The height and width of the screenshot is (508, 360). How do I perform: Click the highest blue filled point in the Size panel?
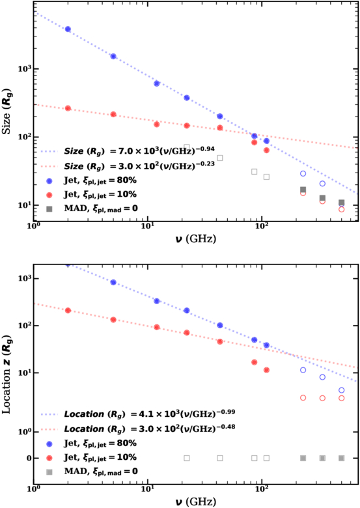tap(68, 29)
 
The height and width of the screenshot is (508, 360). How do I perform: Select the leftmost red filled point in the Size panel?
tap(68, 108)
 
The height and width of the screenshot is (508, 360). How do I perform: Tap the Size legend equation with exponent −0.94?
tap(139, 150)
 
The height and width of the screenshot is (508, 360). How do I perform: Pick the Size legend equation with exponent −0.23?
tap(139, 165)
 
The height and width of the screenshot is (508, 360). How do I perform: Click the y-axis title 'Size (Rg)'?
tap(7, 111)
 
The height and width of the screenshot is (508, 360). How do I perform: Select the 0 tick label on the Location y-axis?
tap(29, 459)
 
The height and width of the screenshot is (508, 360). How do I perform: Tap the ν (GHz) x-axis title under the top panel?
tap(196, 240)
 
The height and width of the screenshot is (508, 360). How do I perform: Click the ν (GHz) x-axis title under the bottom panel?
tap(196, 501)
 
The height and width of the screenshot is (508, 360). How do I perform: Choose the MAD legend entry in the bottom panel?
tap(101, 472)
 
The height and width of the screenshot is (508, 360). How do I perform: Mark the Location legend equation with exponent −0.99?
tap(150, 414)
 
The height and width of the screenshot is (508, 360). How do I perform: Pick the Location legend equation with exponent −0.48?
tap(150, 429)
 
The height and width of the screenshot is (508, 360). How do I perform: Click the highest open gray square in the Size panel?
tap(187, 148)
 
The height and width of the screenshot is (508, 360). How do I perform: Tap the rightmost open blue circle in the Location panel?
tap(342, 390)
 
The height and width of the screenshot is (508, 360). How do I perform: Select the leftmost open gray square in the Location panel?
tap(187, 458)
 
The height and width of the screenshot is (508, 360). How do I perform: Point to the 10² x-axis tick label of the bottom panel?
tap(262, 489)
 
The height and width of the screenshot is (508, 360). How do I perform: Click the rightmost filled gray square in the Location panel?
tap(342, 458)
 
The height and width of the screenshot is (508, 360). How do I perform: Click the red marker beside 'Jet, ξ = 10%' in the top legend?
tap(49, 195)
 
